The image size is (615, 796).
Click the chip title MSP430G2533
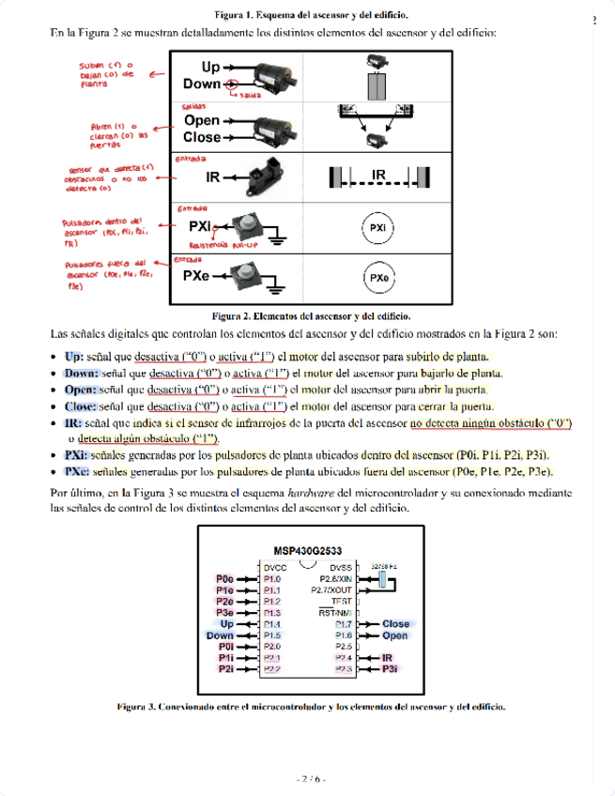[x=307, y=552]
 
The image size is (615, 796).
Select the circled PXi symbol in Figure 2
[x=377, y=227]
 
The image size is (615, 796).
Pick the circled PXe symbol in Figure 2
[x=377, y=278]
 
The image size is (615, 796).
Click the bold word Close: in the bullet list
[x=80, y=406]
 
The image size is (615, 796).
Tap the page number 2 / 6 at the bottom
[x=309, y=778]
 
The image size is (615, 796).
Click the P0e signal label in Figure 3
[x=224, y=579]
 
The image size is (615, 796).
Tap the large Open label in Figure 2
[x=202, y=120]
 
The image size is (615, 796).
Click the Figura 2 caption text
[x=311, y=316]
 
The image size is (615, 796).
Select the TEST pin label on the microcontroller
[x=343, y=601]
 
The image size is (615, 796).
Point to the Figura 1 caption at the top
[x=311, y=16]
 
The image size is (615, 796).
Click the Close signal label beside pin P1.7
[x=395, y=624]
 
